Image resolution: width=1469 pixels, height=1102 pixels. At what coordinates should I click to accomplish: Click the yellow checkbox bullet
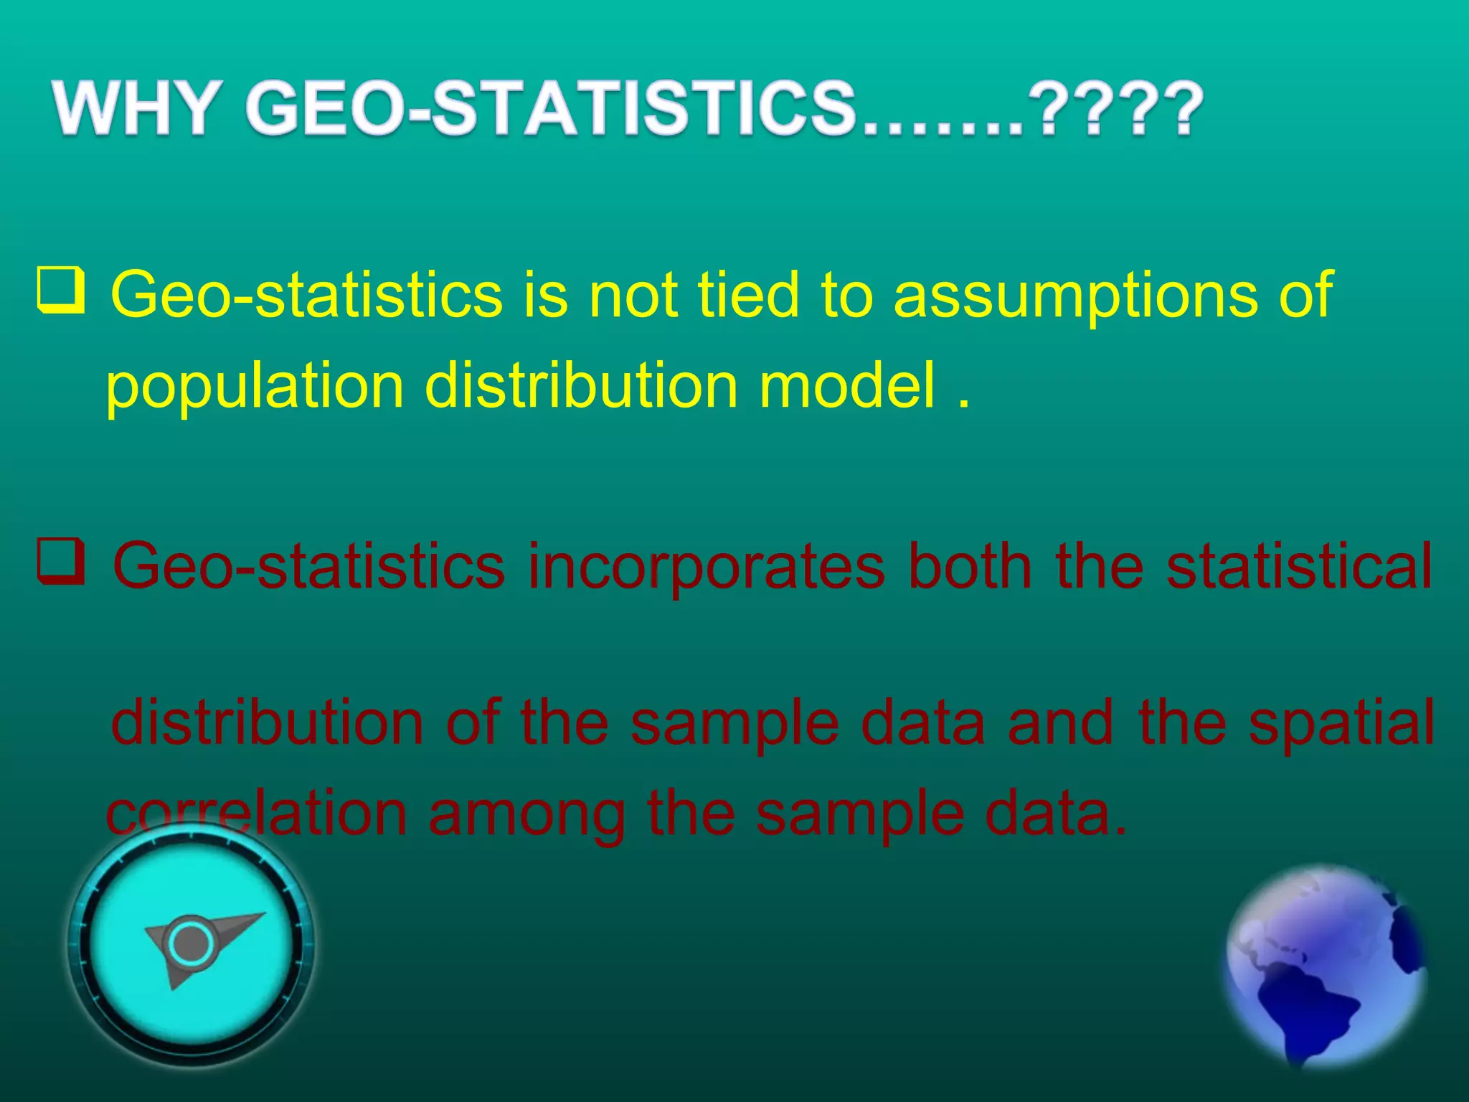(61, 291)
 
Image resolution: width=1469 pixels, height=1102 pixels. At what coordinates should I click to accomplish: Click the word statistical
(1299, 567)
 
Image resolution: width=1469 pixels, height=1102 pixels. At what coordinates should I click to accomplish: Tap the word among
(526, 815)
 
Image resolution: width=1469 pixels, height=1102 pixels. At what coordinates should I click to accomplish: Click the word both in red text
(970, 567)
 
